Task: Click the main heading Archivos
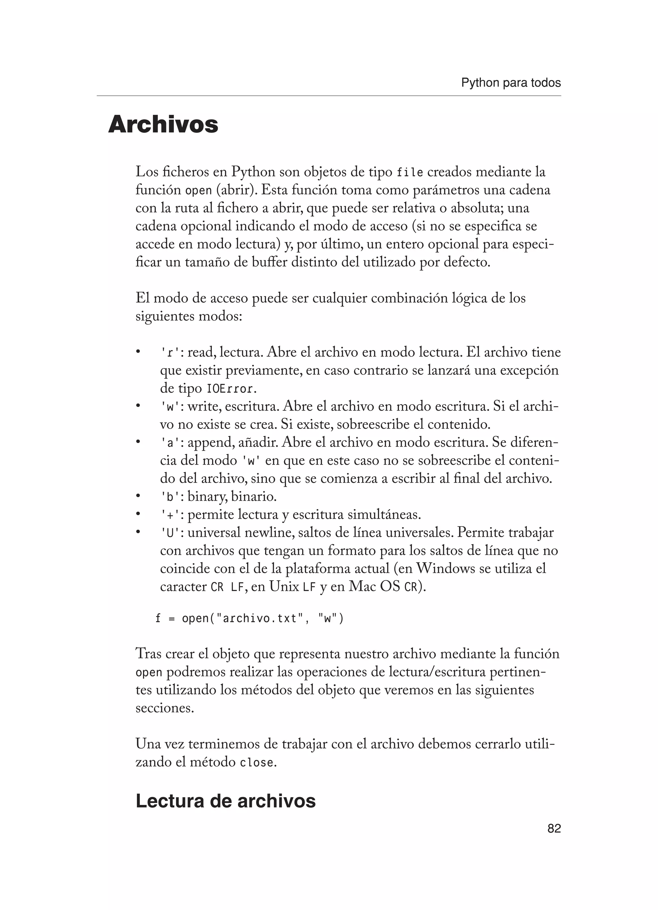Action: [163, 125]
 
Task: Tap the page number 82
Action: [554, 828]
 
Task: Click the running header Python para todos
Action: [511, 83]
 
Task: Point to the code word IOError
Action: [230, 389]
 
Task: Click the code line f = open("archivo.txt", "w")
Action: [249, 618]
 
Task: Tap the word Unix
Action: [284, 587]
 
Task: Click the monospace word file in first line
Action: [409, 173]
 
